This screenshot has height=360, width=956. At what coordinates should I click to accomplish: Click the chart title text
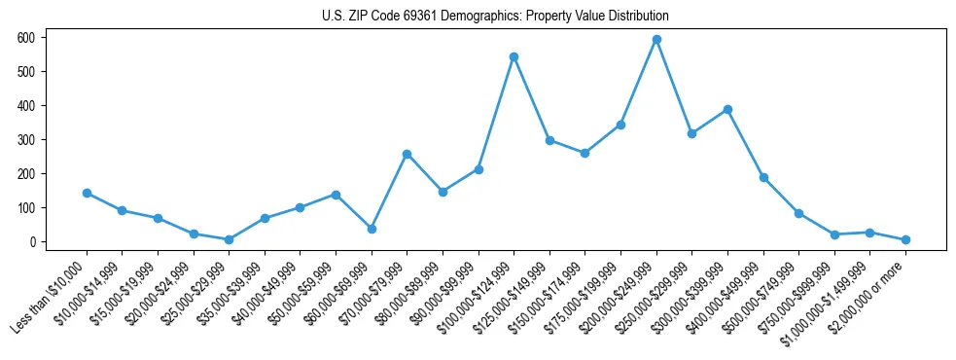495,16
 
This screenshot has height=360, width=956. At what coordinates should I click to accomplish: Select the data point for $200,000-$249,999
656,40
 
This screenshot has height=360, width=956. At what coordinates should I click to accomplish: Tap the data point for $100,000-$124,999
513,57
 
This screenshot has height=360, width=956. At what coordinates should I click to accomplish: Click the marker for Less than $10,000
87,193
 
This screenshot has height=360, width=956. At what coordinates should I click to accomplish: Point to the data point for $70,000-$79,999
407,154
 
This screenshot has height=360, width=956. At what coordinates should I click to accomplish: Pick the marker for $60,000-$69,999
372,229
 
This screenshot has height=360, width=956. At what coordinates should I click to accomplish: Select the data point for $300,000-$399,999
727,110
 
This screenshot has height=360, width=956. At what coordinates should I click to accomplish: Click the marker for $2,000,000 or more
905,239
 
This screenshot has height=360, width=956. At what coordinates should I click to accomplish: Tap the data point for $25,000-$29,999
229,239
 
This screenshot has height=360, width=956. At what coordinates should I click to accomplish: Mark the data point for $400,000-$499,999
763,178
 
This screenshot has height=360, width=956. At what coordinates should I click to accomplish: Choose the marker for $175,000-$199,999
620,125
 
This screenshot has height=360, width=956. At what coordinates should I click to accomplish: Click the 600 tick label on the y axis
26,38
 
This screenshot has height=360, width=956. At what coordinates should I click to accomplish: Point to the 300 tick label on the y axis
26,140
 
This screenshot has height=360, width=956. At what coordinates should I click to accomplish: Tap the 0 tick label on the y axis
33,242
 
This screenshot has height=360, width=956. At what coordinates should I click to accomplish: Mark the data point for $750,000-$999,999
834,234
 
